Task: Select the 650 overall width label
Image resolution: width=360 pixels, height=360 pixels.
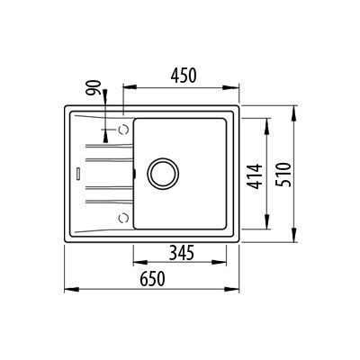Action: (152, 279)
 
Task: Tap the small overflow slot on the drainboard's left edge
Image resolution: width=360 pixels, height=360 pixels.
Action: (77, 172)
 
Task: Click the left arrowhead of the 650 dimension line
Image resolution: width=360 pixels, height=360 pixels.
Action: (70, 289)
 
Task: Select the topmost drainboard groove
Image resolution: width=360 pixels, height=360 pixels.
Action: (106, 145)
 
